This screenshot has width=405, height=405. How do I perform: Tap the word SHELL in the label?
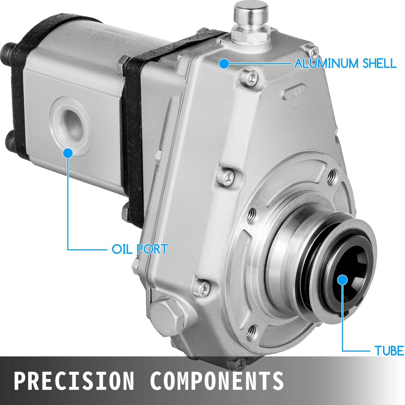(379, 63)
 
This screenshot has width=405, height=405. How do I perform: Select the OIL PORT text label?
(140, 249)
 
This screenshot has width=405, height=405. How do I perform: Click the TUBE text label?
(389, 351)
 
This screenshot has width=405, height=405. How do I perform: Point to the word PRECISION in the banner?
(73, 380)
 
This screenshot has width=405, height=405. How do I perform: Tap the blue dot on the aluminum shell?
(224, 64)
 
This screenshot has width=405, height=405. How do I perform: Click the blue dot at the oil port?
(68, 153)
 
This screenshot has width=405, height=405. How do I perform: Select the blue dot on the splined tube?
(342, 280)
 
